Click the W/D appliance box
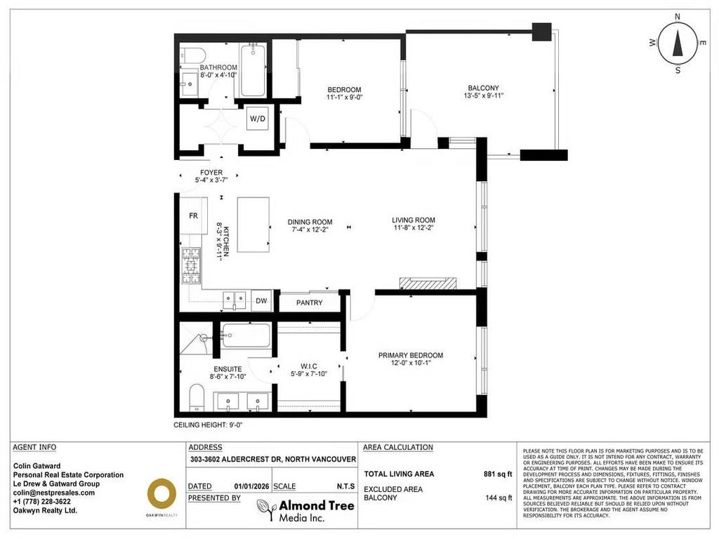point(258,119)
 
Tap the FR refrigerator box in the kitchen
point(192,216)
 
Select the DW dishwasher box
point(261,301)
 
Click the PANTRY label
point(309,302)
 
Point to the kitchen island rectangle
point(253,225)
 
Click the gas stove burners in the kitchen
point(192,267)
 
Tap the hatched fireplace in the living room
point(427,283)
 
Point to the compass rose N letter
point(678,17)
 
